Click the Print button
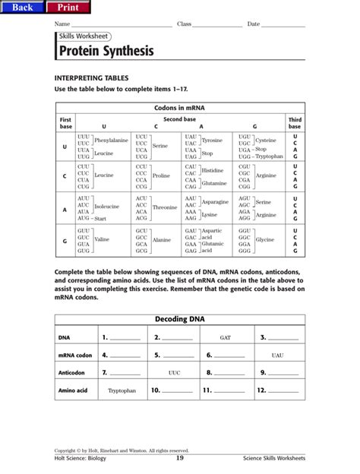(x=68, y=8)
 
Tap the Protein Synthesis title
(x=105, y=52)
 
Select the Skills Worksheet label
(x=83, y=36)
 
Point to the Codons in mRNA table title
(x=179, y=109)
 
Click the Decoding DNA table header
(x=179, y=320)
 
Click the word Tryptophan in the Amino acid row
(x=122, y=391)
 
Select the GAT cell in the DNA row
(x=226, y=337)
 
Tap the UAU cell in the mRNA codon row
(x=277, y=355)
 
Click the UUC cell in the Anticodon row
(x=174, y=373)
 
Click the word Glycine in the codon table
(x=264, y=239)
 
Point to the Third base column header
(x=294, y=122)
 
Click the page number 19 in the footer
(x=180, y=458)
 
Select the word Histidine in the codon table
(x=213, y=171)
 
